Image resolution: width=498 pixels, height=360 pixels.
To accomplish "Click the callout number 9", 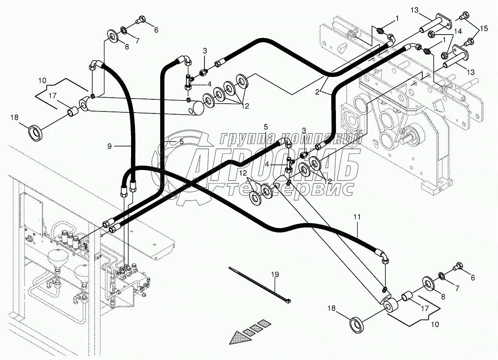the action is pos(109,146).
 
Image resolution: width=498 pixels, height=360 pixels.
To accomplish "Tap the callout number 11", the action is pos(357,217).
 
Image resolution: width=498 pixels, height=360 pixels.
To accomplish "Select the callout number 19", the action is pos(275,275).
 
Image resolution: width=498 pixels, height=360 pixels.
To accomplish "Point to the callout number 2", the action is pos(317,92).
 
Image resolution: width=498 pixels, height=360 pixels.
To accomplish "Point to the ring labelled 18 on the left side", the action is pos(36,133).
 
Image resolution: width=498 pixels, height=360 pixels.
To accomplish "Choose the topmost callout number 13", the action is pos(414,10).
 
